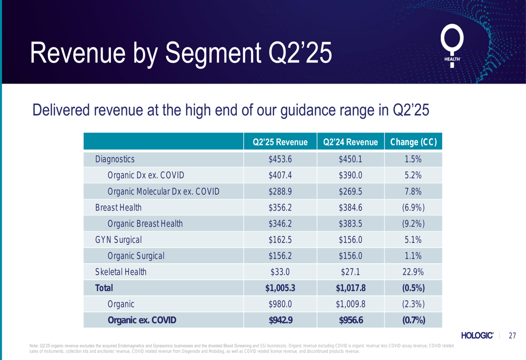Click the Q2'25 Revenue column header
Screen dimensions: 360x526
[280, 142]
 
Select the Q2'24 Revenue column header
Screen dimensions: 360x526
[350, 142]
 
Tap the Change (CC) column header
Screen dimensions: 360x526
[413, 142]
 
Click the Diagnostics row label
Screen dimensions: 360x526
[115, 159]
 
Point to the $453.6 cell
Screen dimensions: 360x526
[280, 159]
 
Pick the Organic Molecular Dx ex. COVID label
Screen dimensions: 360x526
[163, 191]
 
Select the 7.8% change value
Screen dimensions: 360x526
[413, 191]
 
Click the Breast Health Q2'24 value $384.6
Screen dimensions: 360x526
[350, 208]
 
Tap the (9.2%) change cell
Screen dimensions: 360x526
[413, 224]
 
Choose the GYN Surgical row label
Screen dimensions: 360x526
[118, 240]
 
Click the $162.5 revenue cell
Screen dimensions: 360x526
[280, 240]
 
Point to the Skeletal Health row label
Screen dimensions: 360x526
[120, 272]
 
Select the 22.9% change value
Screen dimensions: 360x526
[413, 272]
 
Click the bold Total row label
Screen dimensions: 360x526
[104, 288]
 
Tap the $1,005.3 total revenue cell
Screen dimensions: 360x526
[280, 288]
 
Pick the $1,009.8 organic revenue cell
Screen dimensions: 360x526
[350, 304]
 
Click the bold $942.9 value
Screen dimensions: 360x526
[280, 321]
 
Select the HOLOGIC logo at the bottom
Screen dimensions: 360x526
[477, 336]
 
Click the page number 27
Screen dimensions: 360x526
[512, 336]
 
